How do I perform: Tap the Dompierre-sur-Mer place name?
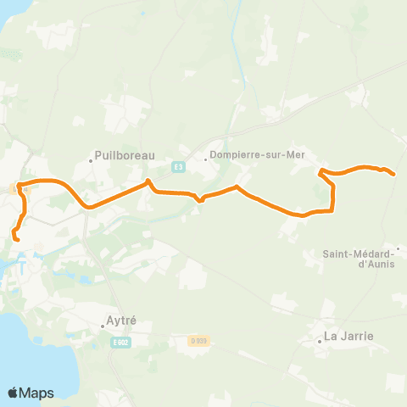click(255, 156)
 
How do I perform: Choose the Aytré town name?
click(119, 322)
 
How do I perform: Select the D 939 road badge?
click(198, 341)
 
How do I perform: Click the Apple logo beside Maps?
click(14, 393)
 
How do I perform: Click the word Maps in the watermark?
click(37, 393)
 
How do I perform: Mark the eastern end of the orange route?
click(394, 175)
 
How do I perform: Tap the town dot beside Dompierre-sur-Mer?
click(206, 157)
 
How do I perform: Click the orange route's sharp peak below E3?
click(148, 181)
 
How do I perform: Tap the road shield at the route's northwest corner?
click(14, 187)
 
